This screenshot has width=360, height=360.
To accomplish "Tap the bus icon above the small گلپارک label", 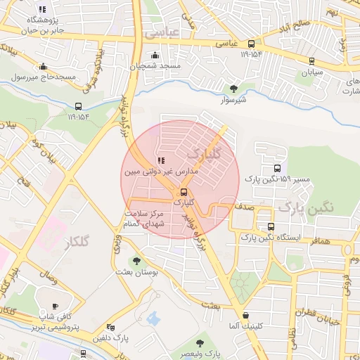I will coord(184,192).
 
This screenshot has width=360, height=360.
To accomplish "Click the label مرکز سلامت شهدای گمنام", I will coord(143,218).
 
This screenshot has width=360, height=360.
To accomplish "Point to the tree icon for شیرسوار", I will coord(233,89).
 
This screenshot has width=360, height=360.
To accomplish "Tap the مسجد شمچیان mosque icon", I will coord(155,56).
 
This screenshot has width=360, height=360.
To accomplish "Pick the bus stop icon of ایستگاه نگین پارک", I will coord(271,226).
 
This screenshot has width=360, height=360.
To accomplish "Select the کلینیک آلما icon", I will coord(245,315).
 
